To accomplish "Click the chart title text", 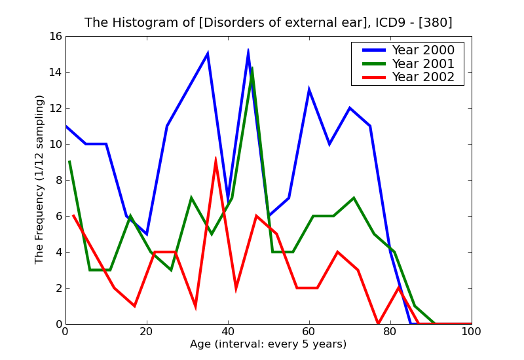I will tap(268, 23).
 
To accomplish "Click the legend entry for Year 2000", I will tap(422, 50).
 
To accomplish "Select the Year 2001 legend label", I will tap(422, 63).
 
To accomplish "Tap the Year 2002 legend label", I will tap(422, 77).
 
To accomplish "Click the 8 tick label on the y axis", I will tap(57, 180).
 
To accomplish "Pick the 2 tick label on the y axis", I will tap(57, 288).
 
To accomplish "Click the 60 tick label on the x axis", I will tap(309, 332).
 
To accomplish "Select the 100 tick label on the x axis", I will tap(471, 332).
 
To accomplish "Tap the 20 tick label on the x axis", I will tap(147, 332).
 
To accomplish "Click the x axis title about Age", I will tap(268, 344).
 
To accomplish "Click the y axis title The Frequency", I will tap(40, 179).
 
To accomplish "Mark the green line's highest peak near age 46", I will tap(252, 68).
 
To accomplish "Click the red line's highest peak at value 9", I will tap(215, 159).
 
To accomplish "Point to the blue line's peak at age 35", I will tap(208, 54).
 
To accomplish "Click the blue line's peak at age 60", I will tap(309, 90).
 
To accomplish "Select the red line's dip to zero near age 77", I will tap(378, 323).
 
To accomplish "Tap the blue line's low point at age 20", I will tap(147, 234).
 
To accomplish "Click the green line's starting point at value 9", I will tap(69, 162).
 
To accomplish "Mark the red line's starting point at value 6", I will tap(73, 216).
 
